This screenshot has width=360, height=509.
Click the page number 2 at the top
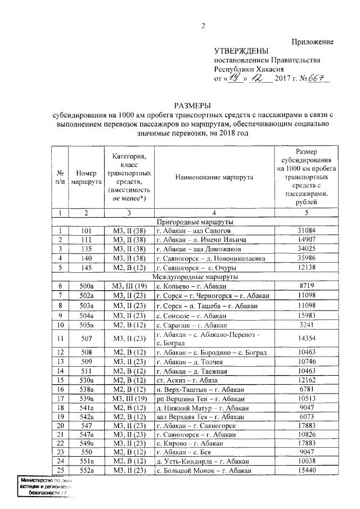(x=203, y=26)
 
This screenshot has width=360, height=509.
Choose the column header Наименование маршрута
(x=214, y=177)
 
